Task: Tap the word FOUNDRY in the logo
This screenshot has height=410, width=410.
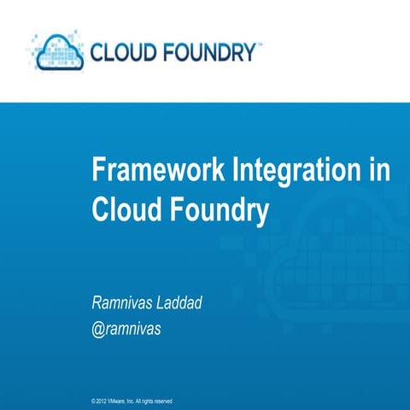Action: point(208,54)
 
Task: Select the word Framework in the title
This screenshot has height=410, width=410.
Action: point(159,171)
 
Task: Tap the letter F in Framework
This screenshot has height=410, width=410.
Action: point(98,171)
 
